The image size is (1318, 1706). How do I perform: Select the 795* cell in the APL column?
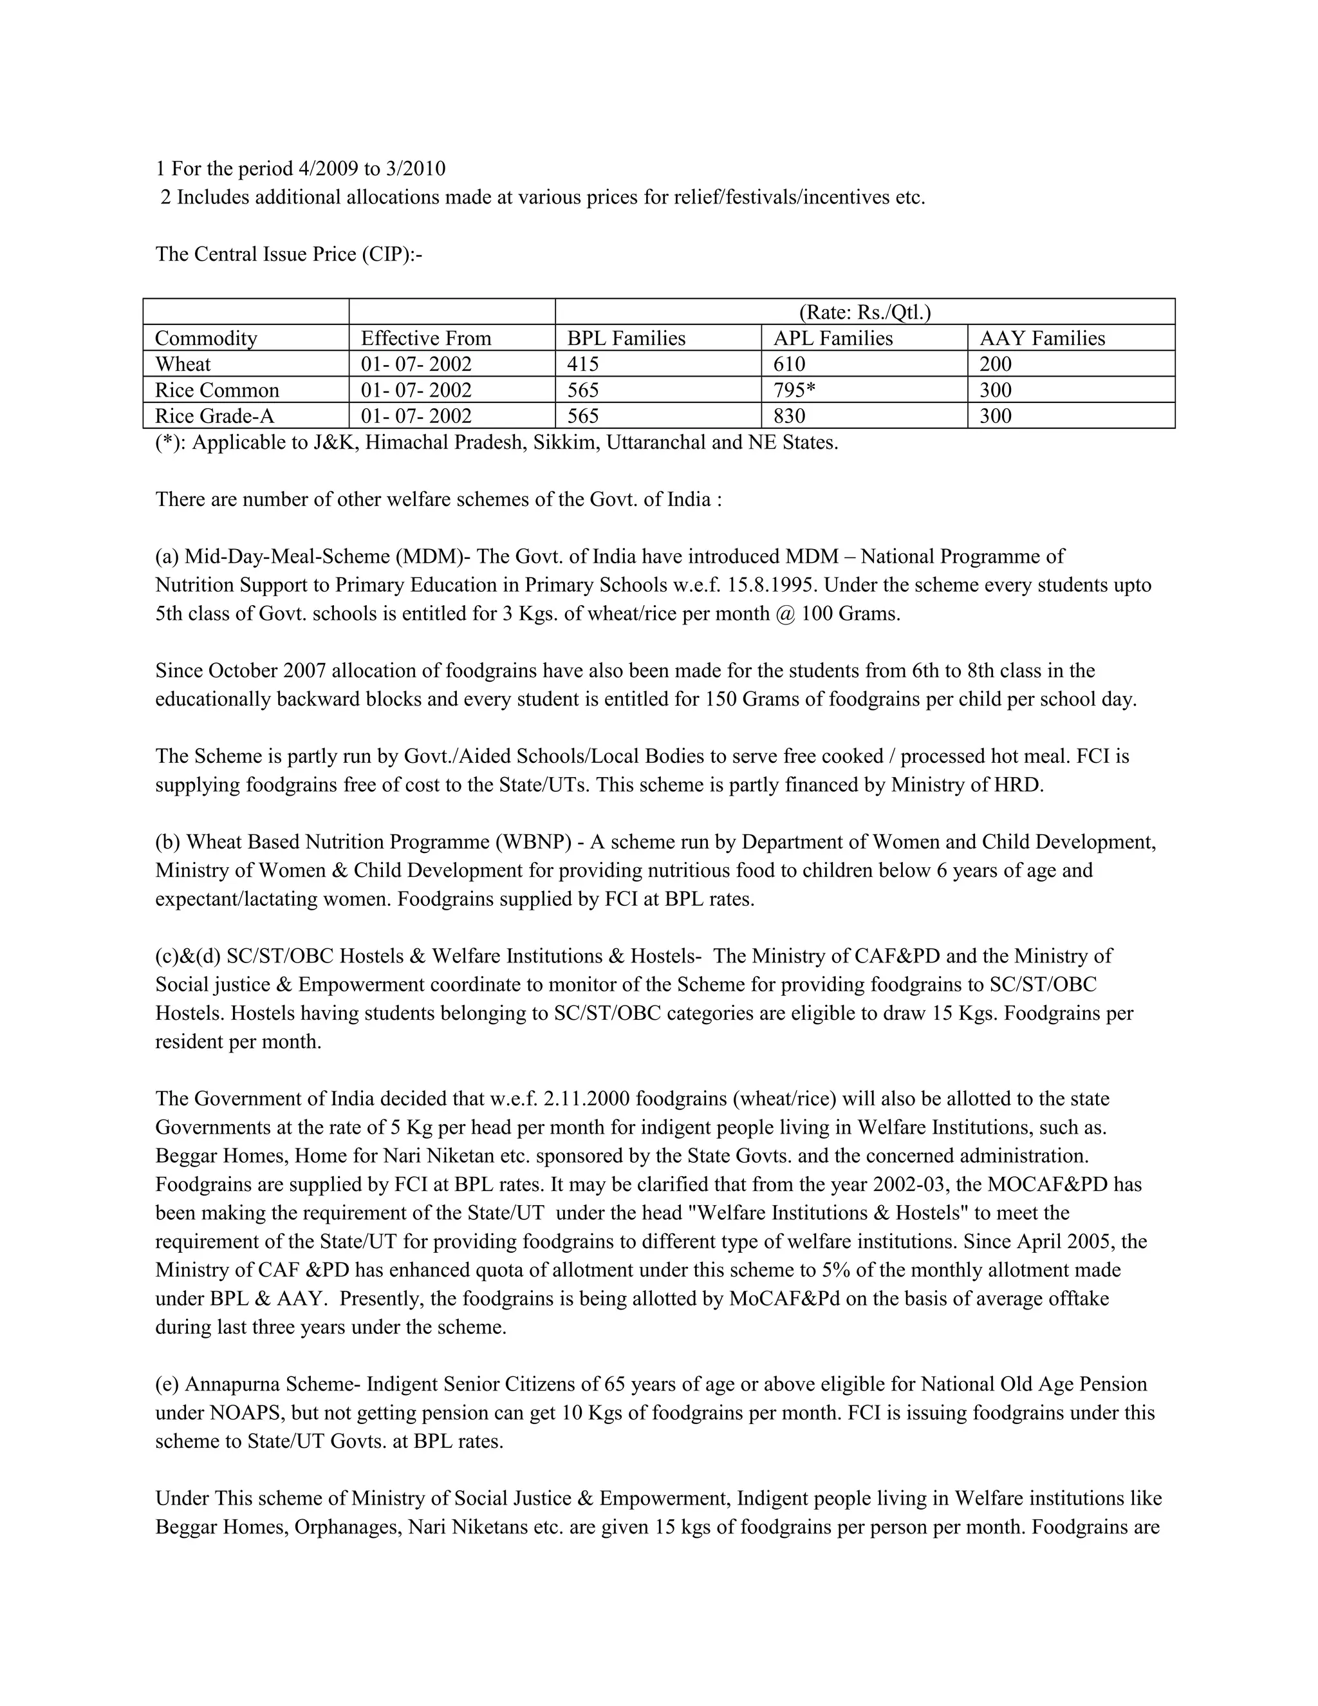click(x=794, y=389)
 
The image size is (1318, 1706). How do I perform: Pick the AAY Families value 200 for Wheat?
click(x=996, y=364)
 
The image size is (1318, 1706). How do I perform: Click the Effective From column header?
click(x=425, y=338)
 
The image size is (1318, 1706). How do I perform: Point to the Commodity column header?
click(x=206, y=338)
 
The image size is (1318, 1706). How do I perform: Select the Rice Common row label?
click(x=216, y=389)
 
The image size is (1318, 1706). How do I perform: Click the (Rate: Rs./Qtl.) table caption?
click(x=864, y=312)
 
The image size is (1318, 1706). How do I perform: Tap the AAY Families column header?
click(x=1043, y=338)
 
